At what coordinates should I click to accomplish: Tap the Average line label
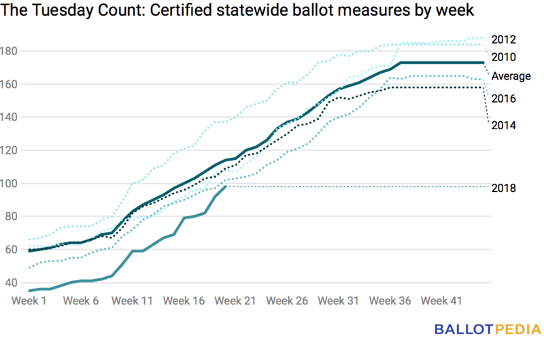[x=511, y=76]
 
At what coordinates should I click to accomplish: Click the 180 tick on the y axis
[x=12, y=51]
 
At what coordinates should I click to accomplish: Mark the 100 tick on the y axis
[x=12, y=184]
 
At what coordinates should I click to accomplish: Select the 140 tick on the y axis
[x=12, y=117]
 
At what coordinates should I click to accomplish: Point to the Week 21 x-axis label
[x=236, y=301]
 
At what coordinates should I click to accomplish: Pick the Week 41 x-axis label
[x=442, y=301]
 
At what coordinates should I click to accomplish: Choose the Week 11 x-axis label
[x=133, y=301]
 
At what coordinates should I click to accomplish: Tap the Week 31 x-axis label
[x=339, y=301]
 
